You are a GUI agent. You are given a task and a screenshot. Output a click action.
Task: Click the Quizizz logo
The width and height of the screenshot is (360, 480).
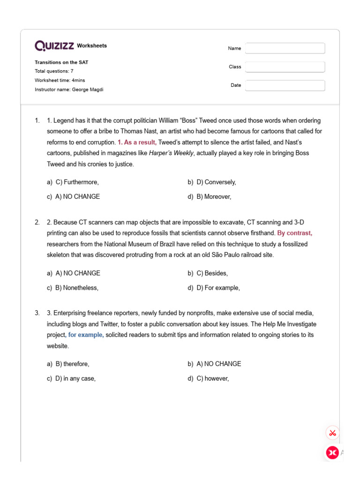[54, 45]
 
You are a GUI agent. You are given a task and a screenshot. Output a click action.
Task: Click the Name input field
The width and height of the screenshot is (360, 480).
[285, 48]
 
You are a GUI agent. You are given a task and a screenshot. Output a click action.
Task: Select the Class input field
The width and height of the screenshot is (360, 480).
[285, 67]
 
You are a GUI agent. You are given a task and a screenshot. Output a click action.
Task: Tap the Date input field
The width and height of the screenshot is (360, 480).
[285, 85]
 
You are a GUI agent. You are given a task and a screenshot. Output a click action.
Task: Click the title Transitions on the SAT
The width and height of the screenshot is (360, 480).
[61, 62]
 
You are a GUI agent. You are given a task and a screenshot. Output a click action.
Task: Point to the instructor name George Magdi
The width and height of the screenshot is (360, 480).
[87, 90]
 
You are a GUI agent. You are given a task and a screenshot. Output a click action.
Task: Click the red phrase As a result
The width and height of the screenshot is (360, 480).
[137, 142]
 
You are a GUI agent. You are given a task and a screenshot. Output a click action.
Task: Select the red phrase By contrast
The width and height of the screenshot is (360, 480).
[294, 233]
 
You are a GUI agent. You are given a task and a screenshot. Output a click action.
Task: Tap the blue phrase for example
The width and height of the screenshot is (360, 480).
[86, 335]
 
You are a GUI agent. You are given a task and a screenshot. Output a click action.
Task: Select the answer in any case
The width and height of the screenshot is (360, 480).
[75, 379]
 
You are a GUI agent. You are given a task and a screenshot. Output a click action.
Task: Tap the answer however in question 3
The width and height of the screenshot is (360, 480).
[213, 379]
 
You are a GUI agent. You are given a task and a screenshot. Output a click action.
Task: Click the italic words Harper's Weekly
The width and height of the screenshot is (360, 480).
[171, 153]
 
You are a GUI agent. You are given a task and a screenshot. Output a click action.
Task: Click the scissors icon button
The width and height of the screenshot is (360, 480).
[332, 433]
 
